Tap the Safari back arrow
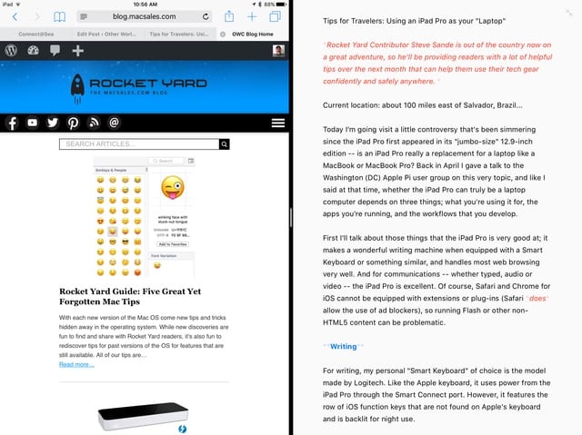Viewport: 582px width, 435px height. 14,16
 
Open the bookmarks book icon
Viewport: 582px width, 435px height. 60,16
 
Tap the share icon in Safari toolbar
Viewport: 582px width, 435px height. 229,16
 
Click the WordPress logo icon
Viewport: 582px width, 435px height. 11,51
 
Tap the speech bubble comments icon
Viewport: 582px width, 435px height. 55,51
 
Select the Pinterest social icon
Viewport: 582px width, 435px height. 72,123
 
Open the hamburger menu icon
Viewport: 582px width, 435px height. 278,123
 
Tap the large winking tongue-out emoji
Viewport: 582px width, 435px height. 171,187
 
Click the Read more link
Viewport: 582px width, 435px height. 76,364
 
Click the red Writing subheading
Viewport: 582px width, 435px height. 343,346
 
